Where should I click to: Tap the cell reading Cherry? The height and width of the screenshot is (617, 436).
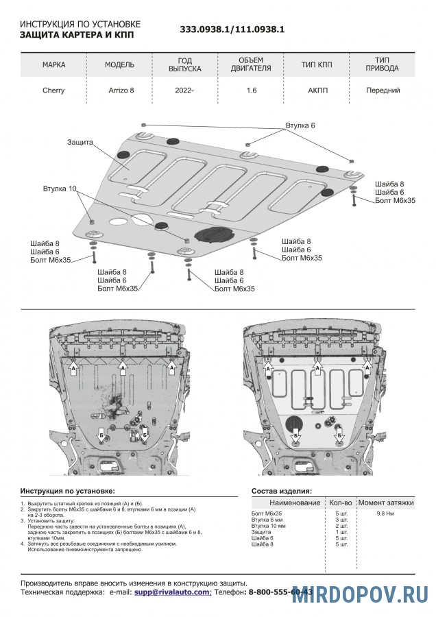point(54,90)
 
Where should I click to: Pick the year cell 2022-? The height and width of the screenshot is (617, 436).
point(184,90)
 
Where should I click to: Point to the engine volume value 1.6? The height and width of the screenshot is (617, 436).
point(252,90)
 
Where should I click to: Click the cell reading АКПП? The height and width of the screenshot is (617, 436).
point(317,90)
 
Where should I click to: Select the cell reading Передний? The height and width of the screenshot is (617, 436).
point(383,90)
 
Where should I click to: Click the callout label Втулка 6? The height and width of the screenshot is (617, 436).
point(300,126)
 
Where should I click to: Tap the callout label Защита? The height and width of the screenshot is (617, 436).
point(80,142)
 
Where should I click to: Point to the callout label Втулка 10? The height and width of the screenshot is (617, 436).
point(60,188)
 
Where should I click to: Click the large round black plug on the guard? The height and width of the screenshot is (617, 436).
point(213,234)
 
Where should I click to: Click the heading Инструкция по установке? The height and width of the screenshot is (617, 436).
point(68,491)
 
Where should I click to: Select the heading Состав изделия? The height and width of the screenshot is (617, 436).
point(282,491)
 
